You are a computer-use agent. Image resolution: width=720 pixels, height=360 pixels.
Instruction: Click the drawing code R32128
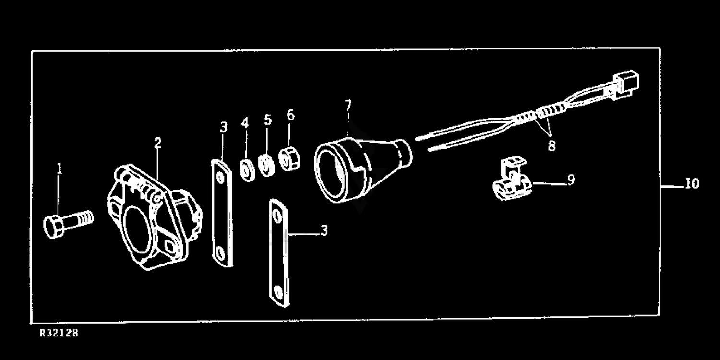coord(59,333)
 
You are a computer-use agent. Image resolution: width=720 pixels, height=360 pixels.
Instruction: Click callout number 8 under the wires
coord(552,145)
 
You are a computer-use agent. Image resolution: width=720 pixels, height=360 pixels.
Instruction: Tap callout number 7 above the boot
coord(348,105)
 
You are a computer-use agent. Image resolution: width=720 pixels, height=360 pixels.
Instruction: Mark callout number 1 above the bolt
coord(59,169)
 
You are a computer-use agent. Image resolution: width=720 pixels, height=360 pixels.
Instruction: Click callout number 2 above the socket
coord(157,143)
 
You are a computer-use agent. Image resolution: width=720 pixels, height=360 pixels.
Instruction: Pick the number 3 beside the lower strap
coord(324,231)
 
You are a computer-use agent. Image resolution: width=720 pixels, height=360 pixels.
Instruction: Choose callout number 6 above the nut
coord(290,115)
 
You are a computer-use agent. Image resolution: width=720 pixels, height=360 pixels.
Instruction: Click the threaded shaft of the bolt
coord(82,220)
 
